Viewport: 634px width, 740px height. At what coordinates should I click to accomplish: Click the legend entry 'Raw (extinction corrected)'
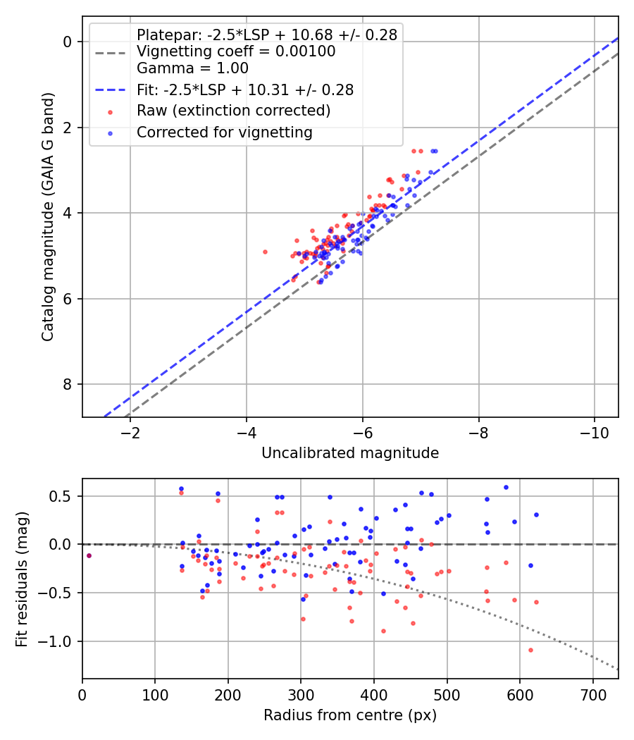(233, 111)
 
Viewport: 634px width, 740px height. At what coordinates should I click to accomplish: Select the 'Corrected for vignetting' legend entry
(225, 132)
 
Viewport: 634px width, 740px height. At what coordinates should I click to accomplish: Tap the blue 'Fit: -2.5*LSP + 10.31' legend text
(245, 90)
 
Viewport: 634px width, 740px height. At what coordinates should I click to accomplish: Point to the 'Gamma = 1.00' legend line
(192, 68)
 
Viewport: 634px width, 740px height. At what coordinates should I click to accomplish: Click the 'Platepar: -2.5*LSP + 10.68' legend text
(267, 35)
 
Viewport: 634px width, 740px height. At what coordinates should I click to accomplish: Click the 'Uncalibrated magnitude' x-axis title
(350, 453)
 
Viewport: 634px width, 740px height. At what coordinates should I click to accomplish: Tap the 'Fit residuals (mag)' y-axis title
(22, 579)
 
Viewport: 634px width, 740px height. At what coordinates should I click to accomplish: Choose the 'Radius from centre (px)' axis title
(350, 715)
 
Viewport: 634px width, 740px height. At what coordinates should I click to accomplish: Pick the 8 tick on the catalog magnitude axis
(68, 384)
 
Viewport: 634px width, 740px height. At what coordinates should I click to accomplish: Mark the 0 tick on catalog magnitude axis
(68, 42)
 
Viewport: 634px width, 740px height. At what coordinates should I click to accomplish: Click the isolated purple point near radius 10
(89, 555)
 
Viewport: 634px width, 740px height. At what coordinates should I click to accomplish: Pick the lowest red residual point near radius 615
(530, 650)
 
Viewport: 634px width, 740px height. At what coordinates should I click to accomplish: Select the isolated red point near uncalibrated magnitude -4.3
(265, 252)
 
